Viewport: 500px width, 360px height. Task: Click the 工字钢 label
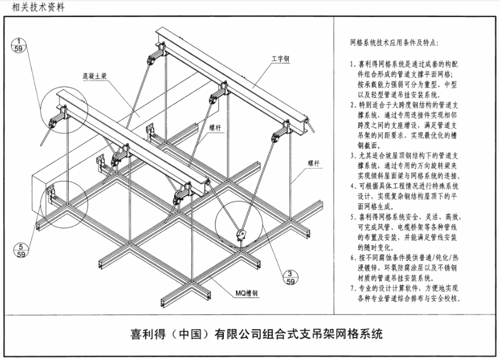point(280,59)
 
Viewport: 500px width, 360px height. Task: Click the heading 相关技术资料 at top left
point(31,7)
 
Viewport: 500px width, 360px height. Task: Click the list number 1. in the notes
point(353,63)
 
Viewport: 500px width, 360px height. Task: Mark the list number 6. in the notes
point(353,257)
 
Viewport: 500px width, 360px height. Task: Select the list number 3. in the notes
point(353,155)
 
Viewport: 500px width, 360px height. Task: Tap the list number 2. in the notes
point(353,104)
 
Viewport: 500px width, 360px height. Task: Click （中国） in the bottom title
point(186,335)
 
